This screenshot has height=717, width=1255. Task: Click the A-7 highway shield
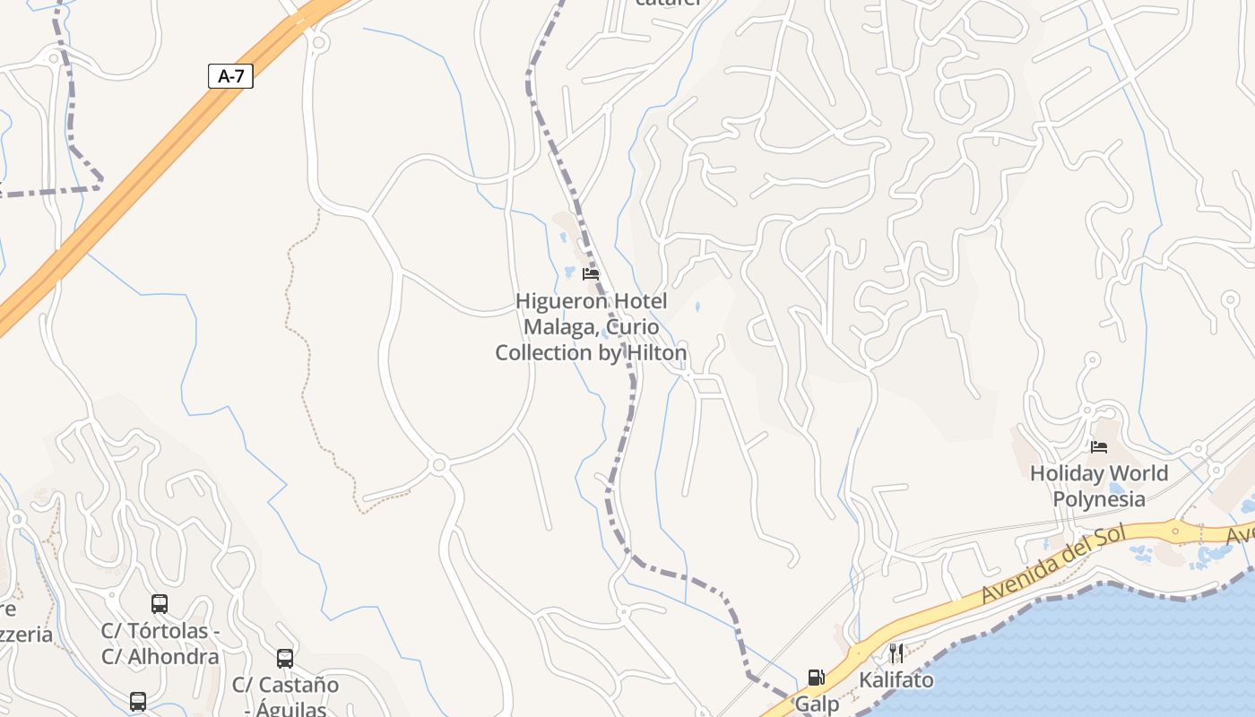(x=230, y=76)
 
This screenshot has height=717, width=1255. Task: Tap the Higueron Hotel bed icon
(x=591, y=274)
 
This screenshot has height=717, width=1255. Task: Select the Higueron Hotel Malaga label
(x=591, y=327)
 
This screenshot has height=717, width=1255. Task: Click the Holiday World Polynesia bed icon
(x=1099, y=446)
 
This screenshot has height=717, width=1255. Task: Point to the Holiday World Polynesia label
(x=1099, y=486)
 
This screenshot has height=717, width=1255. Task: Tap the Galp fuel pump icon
(x=816, y=678)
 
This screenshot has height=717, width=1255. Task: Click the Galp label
(x=817, y=704)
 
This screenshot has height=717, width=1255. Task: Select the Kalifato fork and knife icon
(x=896, y=653)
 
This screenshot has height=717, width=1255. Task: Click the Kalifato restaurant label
(x=896, y=680)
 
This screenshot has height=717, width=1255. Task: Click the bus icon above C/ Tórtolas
(x=160, y=604)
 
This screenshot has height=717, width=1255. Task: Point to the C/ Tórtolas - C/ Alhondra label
(x=160, y=644)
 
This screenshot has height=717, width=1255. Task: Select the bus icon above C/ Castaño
(x=285, y=659)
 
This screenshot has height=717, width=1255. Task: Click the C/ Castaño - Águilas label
(x=285, y=697)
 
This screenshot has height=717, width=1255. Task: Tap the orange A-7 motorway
(x=134, y=179)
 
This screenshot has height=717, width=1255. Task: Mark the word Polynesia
(x=1099, y=499)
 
